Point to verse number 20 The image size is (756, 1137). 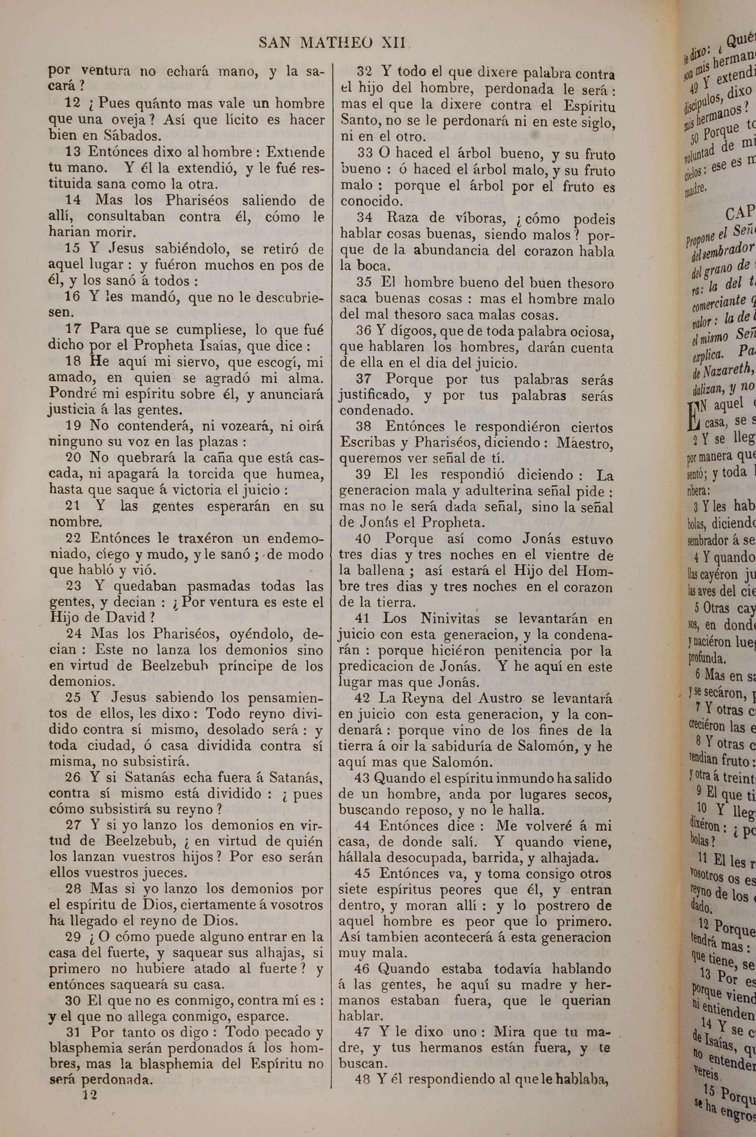click(74, 457)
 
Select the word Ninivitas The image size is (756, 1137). click(450, 618)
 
